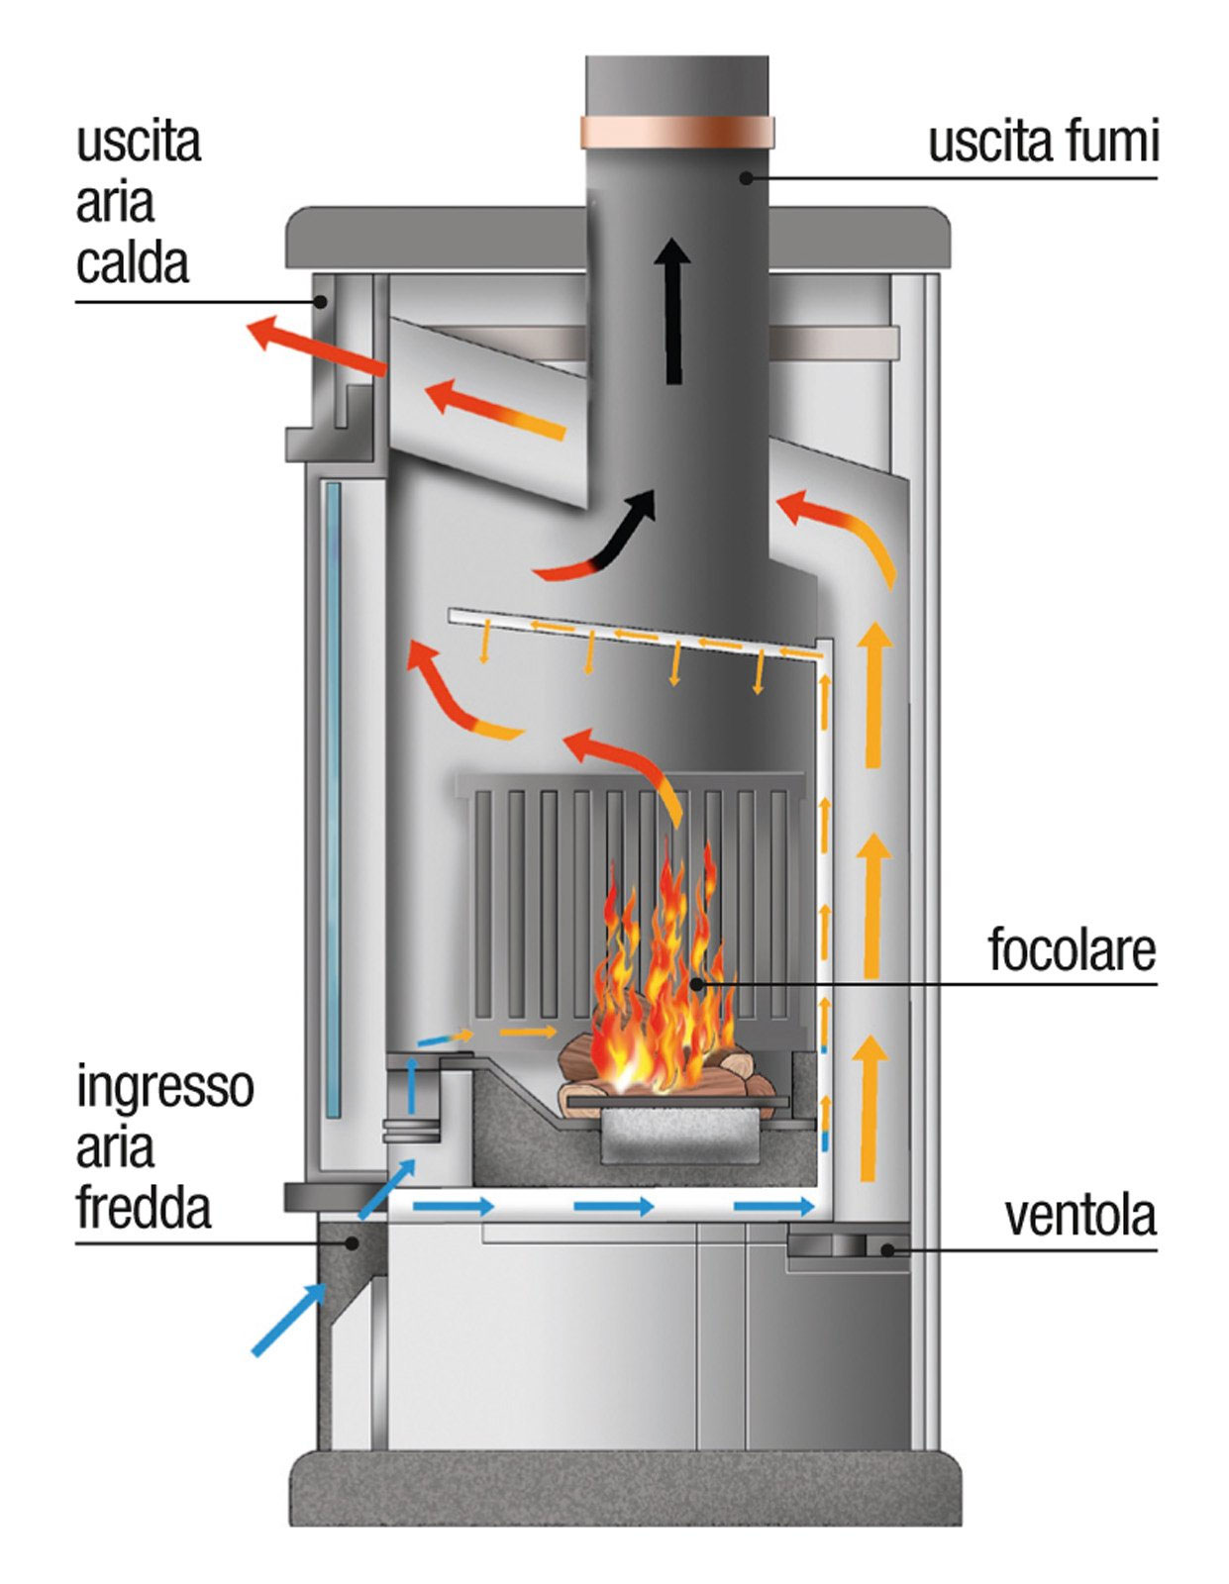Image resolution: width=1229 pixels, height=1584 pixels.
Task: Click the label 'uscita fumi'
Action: click(1043, 142)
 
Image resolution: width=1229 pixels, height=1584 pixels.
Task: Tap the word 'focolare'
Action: click(1072, 950)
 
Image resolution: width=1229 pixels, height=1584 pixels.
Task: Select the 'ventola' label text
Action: click(1080, 1216)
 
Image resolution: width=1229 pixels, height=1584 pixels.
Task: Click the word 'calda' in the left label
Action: click(133, 264)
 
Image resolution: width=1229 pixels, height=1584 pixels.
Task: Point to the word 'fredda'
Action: click(144, 1209)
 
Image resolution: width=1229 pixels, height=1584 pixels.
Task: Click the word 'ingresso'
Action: click(165, 1087)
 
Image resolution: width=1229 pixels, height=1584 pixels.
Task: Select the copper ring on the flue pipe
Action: click(677, 133)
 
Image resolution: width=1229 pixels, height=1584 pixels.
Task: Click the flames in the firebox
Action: click(659, 970)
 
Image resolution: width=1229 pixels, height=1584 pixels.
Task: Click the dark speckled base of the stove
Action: click(624, 1485)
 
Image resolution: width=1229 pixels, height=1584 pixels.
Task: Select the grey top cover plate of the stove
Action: click(617, 237)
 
